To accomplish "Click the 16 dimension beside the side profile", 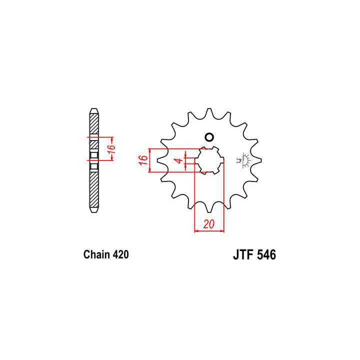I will pos(112,148).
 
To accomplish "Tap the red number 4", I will pos(177,161).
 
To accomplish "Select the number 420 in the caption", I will pos(121,255).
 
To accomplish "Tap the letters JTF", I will pos(244,255).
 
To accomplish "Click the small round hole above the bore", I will pos(209,137).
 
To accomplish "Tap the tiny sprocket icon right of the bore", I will pos(244,160).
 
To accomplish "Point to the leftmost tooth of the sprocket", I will pos(162,160).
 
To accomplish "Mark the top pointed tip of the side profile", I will pos(93,108).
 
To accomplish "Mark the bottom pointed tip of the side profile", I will pos(93,211).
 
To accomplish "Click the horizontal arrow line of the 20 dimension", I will pos(209,231).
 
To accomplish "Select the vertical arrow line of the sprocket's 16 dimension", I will pos(150,160).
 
